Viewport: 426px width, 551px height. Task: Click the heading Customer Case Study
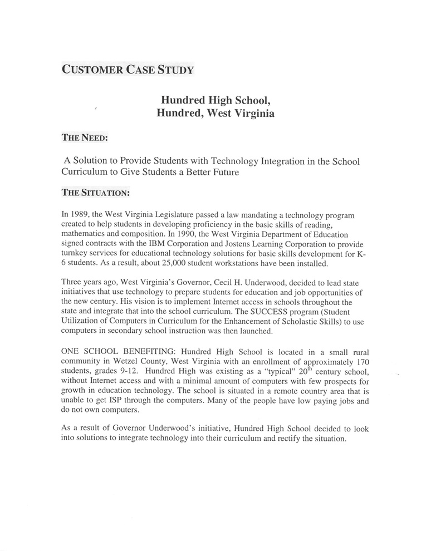[127, 70]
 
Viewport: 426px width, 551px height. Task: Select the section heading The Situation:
[95, 193]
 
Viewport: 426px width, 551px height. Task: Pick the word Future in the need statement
[221, 172]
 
